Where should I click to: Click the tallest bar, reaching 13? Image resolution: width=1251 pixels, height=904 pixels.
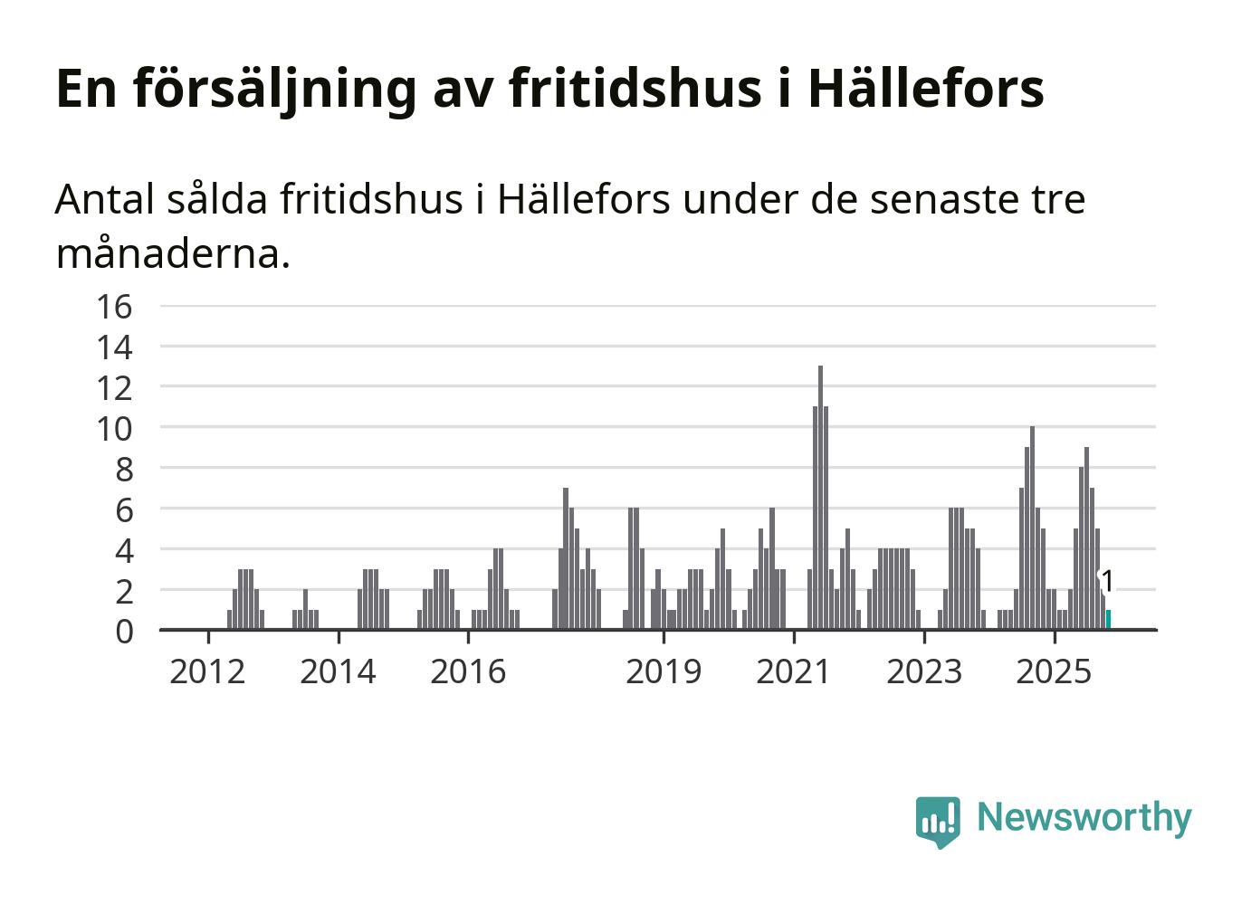pos(820,498)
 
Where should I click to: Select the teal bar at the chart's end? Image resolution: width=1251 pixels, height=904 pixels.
pos(1108,619)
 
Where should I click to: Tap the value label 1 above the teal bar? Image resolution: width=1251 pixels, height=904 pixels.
pos(1107,582)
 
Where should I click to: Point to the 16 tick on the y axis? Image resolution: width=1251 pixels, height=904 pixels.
pos(115,307)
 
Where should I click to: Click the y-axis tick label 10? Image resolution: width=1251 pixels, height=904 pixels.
pos(115,428)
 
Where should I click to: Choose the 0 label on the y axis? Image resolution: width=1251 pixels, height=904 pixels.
pos(124,631)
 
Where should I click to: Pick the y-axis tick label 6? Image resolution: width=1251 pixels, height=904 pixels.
pos(124,509)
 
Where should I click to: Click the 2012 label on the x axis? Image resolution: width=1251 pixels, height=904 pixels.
pos(207,671)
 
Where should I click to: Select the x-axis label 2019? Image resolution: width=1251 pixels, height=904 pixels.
pos(664,671)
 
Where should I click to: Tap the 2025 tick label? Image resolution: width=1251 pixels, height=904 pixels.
pos(1054,671)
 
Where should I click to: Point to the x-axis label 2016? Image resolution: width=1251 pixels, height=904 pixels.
pos(468,671)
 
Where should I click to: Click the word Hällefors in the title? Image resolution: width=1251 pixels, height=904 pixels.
pos(925,88)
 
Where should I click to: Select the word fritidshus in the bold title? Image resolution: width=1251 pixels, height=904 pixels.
pos(635,88)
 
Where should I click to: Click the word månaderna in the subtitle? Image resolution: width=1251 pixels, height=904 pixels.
pos(173,253)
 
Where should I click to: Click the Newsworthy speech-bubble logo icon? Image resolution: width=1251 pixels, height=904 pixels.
pos(937,821)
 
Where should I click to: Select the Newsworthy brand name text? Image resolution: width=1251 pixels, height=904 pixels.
pos(1084,817)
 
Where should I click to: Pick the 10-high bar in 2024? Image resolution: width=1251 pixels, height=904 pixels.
pos(1032,528)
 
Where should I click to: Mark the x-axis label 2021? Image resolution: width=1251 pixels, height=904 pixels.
pos(793,671)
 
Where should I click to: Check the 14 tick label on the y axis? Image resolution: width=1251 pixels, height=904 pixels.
pos(115,347)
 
